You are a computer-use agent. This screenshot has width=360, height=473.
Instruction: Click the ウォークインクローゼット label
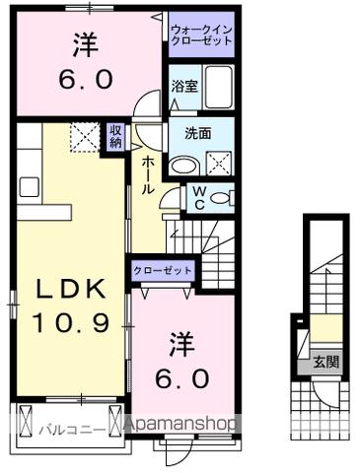click(x=201, y=35)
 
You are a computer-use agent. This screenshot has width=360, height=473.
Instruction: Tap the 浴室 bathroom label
click(x=182, y=86)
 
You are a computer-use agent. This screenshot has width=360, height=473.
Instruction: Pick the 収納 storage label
click(x=115, y=136)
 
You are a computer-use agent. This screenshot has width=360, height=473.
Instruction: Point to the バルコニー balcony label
click(x=65, y=429)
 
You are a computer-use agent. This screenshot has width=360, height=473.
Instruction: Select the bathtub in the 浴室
click(x=219, y=86)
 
